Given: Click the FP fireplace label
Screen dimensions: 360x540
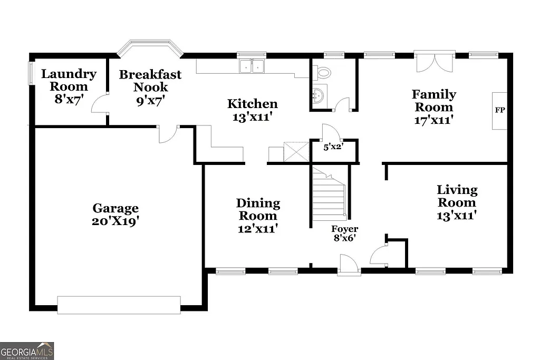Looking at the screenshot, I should (x=499, y=111).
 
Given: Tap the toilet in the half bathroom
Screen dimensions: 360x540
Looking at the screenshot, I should (x=323, y=73).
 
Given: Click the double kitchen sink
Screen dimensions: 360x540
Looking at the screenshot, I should (x=252, y=66).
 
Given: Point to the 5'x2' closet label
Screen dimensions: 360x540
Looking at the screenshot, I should (x=333, y=147).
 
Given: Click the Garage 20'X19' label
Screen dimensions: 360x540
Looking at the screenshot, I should (x=115, y=215).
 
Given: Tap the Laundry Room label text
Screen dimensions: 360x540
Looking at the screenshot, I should (x=69, y=80).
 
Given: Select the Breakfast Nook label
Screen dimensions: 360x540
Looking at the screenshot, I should (x=150, y=81).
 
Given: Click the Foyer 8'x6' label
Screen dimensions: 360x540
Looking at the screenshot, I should (x=344, y=233).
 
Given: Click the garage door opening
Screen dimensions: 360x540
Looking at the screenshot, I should (x=119, y=305).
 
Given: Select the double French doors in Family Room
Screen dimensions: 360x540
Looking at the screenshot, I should (x=435, y=61).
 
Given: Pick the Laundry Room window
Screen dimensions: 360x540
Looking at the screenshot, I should (x=31, y=79).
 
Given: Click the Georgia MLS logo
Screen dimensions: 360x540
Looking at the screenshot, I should (x=27, y=351).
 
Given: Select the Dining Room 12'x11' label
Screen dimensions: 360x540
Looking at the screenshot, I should (x=258, y=216).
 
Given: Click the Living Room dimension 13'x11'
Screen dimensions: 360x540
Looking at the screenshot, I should (x=457, y=215).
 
